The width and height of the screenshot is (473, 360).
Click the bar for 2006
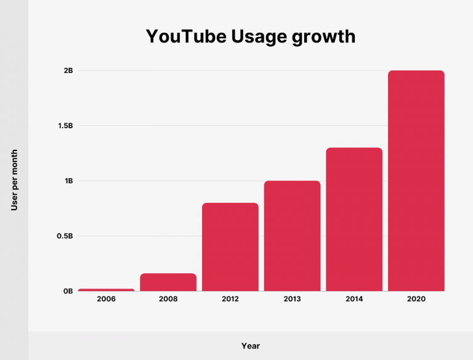pyautogui.click(x=106, y=290)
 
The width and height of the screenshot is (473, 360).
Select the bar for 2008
pyautogui.click(x=168, y=282)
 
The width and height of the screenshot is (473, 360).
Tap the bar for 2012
pyautogui.click(x=230, y=247)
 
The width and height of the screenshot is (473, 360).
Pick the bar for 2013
pyautogui.click(x=293, y=235)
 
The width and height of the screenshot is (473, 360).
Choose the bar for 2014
pyautogui.click(x=354, y=219)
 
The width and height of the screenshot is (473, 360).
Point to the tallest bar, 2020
pyautogui.click(x=416, y=180)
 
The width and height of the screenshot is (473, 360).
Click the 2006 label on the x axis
pyautogui.click(x=106, y=299)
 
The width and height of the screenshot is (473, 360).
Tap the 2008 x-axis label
pyautogui.click(x=168, y=299)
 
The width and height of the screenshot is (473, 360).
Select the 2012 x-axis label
pyautogui.click(x=230, y=299)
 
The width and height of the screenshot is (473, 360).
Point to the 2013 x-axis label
pyautogui.click(x=293, y=299)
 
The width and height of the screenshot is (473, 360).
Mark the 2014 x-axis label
pyautogui.click(x=354, y=299)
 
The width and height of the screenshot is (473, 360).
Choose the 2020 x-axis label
pyautogui.click(x=416, y=299)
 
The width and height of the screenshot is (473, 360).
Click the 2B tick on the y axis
pyautogui.click(x=68, y=71)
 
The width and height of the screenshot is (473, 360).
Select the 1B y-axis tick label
pyautogui.click(x=68, y=181)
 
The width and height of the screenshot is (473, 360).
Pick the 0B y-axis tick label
pyautogui.click(x=68, y=291)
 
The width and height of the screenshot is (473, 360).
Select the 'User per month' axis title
pyautogui.click(x=14, y=181)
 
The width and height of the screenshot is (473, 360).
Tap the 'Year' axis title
pyautogui.click(x=251, y=346)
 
